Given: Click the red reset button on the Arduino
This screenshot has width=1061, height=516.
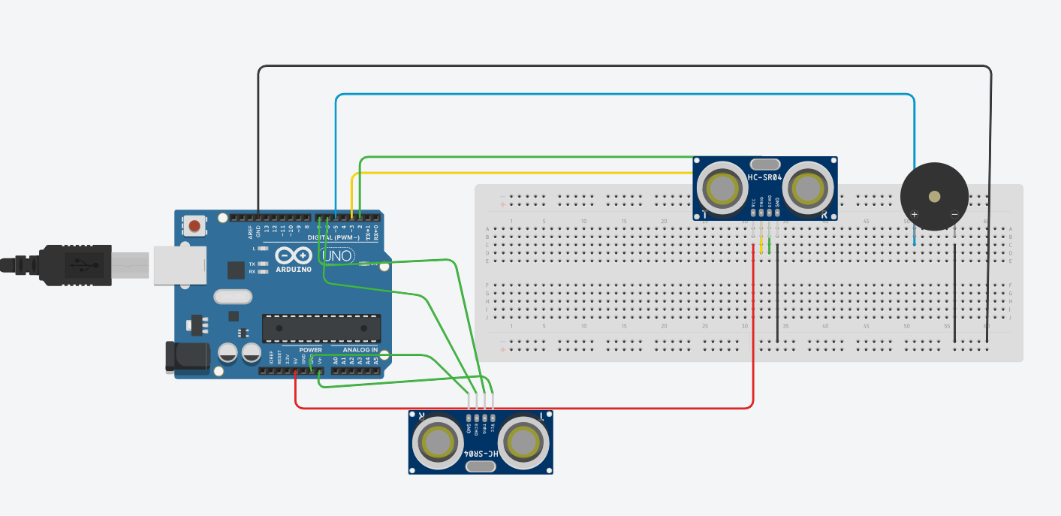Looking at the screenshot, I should (195, 225).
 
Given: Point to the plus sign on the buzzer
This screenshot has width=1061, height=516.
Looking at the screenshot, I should (915, 215).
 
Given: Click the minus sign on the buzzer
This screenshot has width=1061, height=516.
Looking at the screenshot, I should (954, 214).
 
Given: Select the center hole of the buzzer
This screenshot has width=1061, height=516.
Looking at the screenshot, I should (934, 197).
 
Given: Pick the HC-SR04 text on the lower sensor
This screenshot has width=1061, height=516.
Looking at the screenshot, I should (481, 454).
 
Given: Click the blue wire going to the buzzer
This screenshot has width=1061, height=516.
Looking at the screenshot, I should (623, 95).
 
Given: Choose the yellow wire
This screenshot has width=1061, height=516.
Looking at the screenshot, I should (526, 174).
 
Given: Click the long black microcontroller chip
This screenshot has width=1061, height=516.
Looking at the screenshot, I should (321, 328).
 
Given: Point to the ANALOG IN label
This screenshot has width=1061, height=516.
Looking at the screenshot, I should (360, 350).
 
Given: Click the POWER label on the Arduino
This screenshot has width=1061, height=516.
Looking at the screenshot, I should (310, 350).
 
